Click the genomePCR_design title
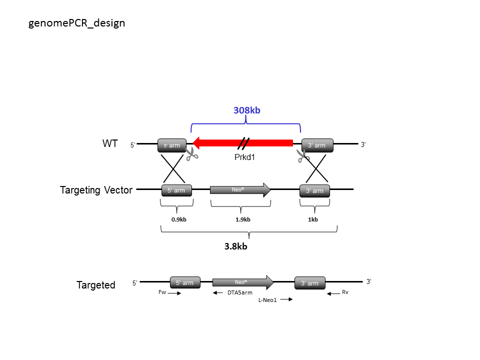(x=76, y=23)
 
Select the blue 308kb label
(x=246, y=110)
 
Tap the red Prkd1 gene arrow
(x=242, y=143)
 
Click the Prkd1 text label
(x=244, y=157)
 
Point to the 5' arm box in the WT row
(x=171, y=145)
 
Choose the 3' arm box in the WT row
(x=317, y=145)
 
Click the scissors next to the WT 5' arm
(x=192, y=153)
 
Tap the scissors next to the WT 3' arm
(x=303, y=156)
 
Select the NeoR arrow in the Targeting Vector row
(x=240, y=190)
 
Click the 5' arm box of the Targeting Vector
(x=176, y=190)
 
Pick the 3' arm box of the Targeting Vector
(x=314, y=190)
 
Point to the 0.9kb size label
(x=179, y=219)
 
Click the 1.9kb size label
(x=243, y=219)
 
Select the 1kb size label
(x=313, y=219)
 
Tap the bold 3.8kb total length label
(x=235, y=246)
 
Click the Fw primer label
(x=162, y=292)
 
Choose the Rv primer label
(x=345, y=292)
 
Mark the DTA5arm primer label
(x=239, y=292)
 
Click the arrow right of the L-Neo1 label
(x=286, y=299)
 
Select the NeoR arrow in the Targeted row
(x=243, y=282)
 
